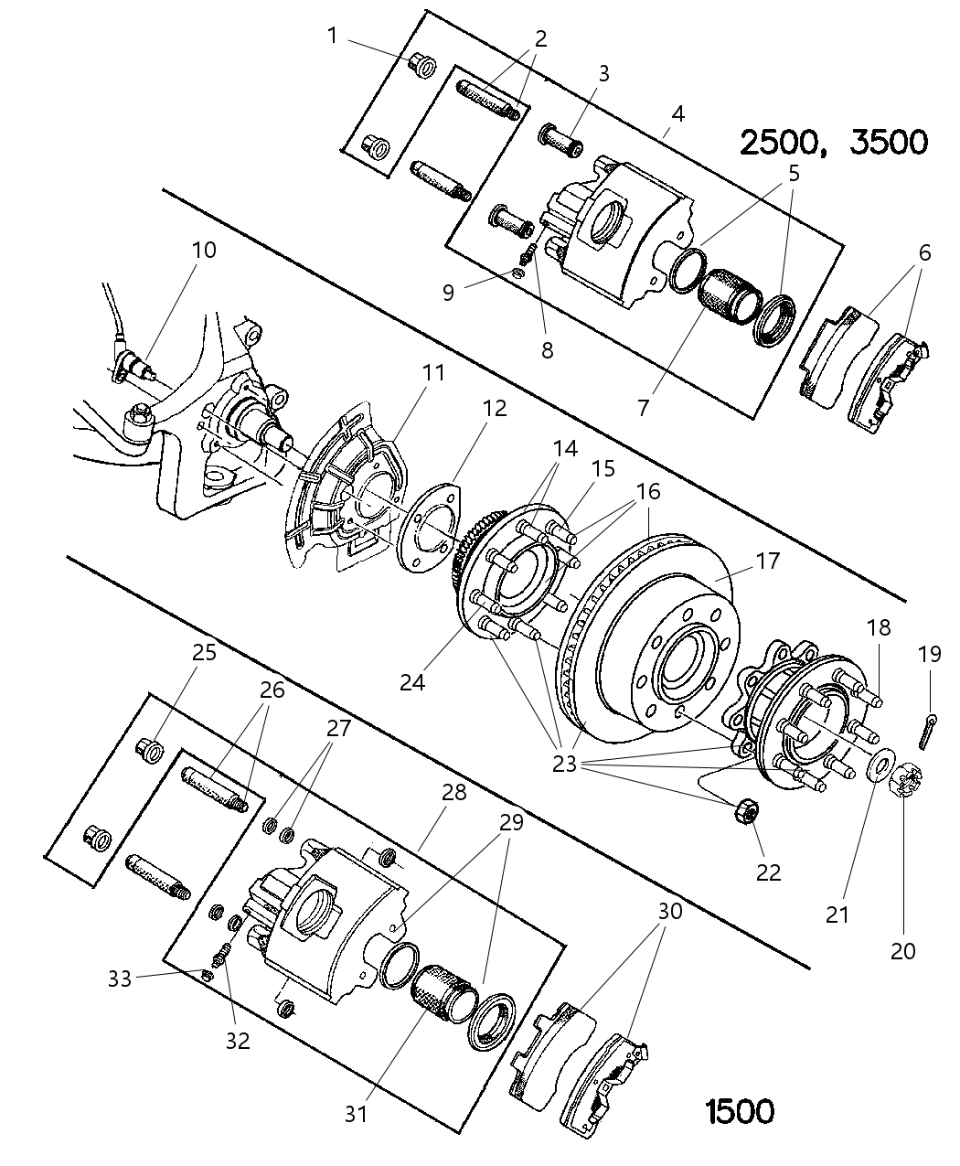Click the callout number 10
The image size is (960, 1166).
[204, 250]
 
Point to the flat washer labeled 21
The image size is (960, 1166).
[880, 766]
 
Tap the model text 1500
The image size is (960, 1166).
[740, 1111]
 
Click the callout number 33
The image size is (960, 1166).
[120, 978]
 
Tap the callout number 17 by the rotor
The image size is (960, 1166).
[768, 560]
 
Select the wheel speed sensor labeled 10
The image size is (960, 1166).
[135, 369]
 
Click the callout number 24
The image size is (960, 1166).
[412, 681]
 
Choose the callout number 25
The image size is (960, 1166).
[204, 652]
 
